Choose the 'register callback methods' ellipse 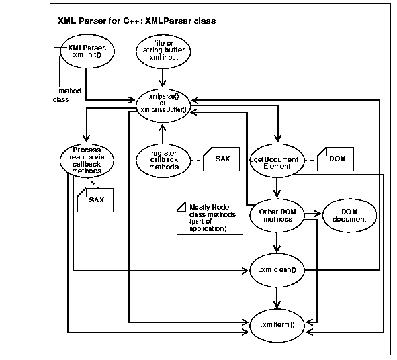[x=159, y=159]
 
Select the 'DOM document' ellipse [x=349, y=215]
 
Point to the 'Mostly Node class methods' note [x=208, y=218]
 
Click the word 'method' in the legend [x=69, y=90]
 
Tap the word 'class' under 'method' [x=60, y=99]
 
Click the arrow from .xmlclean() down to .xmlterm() [x=277, y=296]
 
